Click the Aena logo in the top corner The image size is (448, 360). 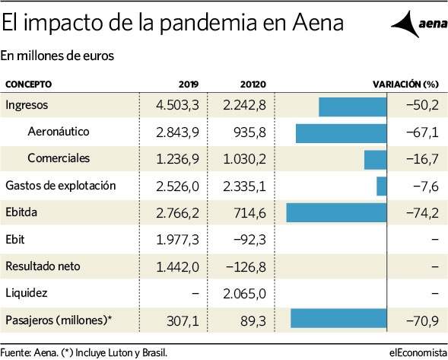[418, 24]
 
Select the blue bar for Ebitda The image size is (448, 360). [337, 212]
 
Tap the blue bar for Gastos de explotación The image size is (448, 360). [382, 186]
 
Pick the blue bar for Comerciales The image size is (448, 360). [376, 160]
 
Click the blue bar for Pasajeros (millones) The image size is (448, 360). [338, 318]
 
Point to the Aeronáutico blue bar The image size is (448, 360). [342, 133]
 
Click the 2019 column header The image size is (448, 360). [189, 84]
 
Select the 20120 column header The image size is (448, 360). [253, 84]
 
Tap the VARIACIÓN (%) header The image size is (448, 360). [405, 84]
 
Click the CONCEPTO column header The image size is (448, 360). [29, 84]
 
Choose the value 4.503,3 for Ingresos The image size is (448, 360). [177, 105]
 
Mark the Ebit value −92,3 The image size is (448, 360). [249, 239]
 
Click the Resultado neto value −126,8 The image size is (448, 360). [246, 266]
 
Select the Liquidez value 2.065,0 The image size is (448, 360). [245, 294]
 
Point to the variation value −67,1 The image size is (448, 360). [422, 132]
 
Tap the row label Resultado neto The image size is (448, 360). [43, 266]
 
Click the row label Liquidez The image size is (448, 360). [27, 293]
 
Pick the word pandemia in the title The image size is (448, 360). [207, 23]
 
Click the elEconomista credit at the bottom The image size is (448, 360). [418, 352]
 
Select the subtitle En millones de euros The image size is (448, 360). [57, 56]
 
